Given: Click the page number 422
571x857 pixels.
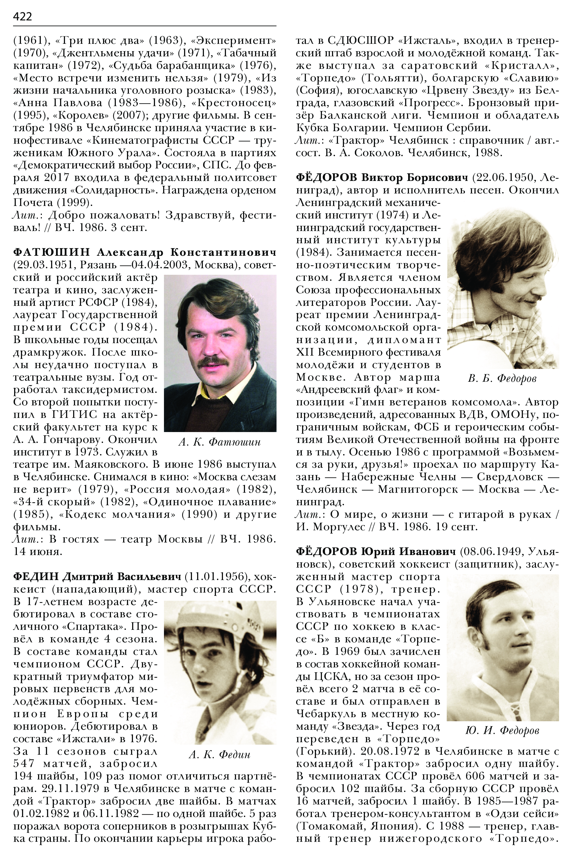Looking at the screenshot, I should (23, 16).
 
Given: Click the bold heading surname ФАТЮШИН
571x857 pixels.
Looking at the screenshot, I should (51, 252).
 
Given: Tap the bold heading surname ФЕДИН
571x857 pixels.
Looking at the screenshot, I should (36, 577).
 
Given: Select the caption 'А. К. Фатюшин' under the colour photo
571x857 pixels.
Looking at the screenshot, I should (220, 442).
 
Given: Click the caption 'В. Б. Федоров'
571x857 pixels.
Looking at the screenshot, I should (502, 379).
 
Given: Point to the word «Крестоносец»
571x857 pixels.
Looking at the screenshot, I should (233, 103).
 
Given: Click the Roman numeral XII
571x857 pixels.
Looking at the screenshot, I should (305, 352).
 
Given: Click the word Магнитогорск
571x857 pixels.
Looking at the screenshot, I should (418, 489).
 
